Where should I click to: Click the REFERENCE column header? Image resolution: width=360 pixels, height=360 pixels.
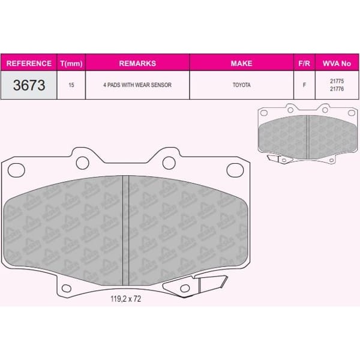[29, 63]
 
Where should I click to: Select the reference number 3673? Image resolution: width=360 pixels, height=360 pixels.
[29, 85]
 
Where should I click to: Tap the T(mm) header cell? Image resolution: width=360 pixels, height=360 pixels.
[72, 63]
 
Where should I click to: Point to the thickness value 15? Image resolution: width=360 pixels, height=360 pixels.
[72, 85]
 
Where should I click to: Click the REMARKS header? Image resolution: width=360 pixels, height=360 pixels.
[137, 63]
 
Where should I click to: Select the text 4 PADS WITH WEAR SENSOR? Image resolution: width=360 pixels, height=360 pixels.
[137, 85]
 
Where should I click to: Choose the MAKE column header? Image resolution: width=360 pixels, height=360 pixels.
[241, 63]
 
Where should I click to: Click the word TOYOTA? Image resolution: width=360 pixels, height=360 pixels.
[241, 85]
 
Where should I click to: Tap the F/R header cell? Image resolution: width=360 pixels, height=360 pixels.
[304, 63]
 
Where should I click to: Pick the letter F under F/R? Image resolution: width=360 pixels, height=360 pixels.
[304, 85]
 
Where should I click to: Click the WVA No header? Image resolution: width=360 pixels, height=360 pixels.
[336, 63]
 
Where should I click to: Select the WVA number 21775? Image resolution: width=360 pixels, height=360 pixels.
[336, 82]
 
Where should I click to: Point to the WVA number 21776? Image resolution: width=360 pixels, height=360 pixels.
[336, 89]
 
